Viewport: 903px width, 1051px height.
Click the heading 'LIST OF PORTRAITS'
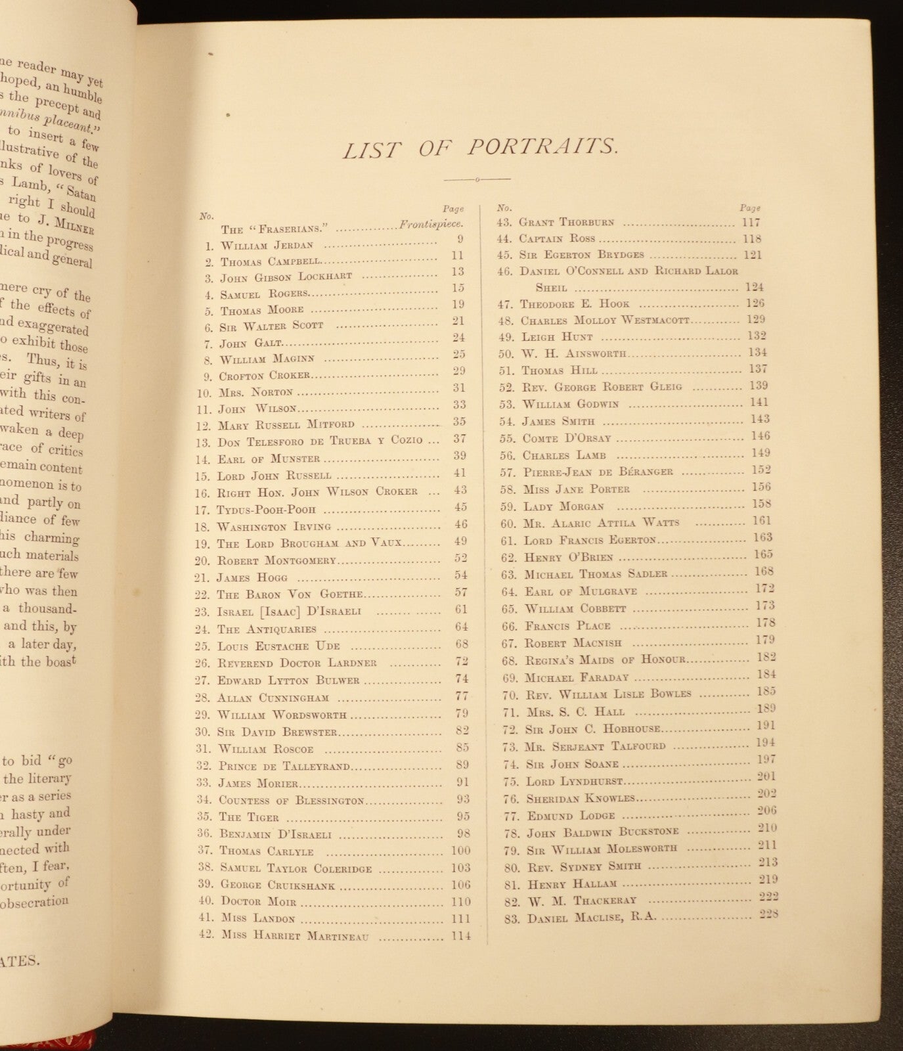tap(480, 147)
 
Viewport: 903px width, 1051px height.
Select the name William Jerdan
tap(267, 246)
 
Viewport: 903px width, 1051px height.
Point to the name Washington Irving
tap(274, 527)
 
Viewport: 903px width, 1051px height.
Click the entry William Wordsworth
tap(282, 715)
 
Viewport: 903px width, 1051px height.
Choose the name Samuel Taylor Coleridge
tap(296, 868)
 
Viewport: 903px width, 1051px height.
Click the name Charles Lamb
tap(564, 455)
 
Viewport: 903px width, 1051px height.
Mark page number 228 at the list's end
tap(768, 914)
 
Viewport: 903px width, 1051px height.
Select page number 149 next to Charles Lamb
tap(757, 453)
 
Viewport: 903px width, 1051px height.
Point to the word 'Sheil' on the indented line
tap(551, 288)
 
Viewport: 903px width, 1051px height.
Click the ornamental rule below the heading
tap(477, 179)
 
